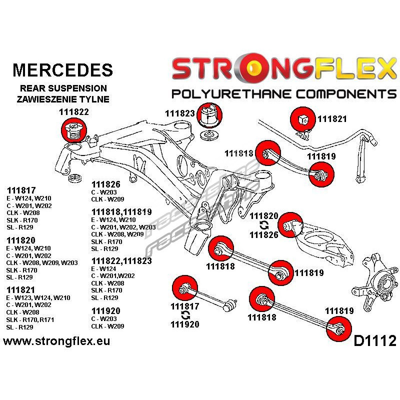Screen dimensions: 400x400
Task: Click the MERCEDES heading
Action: (62, 69)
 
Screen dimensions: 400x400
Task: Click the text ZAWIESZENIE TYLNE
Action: (63, 98)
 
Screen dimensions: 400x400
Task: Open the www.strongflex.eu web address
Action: (56, 342)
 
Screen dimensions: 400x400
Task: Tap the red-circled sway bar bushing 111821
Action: (303, 119)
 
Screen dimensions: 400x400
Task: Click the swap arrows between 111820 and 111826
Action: (264, 225)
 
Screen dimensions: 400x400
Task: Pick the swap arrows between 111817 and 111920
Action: (185, 315)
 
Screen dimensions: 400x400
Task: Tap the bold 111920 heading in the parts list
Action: (106, 310)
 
